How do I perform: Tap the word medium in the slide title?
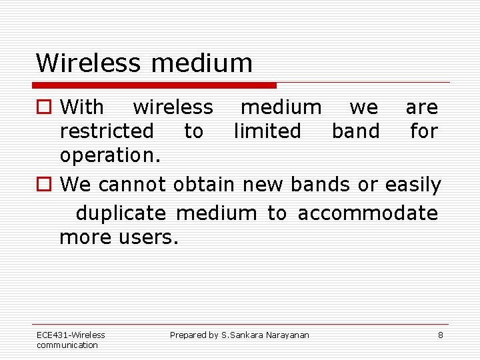[202, 63]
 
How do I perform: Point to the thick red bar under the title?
[155, 85]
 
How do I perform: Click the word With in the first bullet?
[81, 107]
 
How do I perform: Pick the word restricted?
[107, 131]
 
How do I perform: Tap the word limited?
[267, 131]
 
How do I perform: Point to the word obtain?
[203, 185]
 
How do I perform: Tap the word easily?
[413, 185]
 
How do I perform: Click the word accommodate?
[368, 213]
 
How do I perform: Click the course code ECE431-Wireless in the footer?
[71, 335]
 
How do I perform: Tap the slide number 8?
[440, 335]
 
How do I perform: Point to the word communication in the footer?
[67, 345]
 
